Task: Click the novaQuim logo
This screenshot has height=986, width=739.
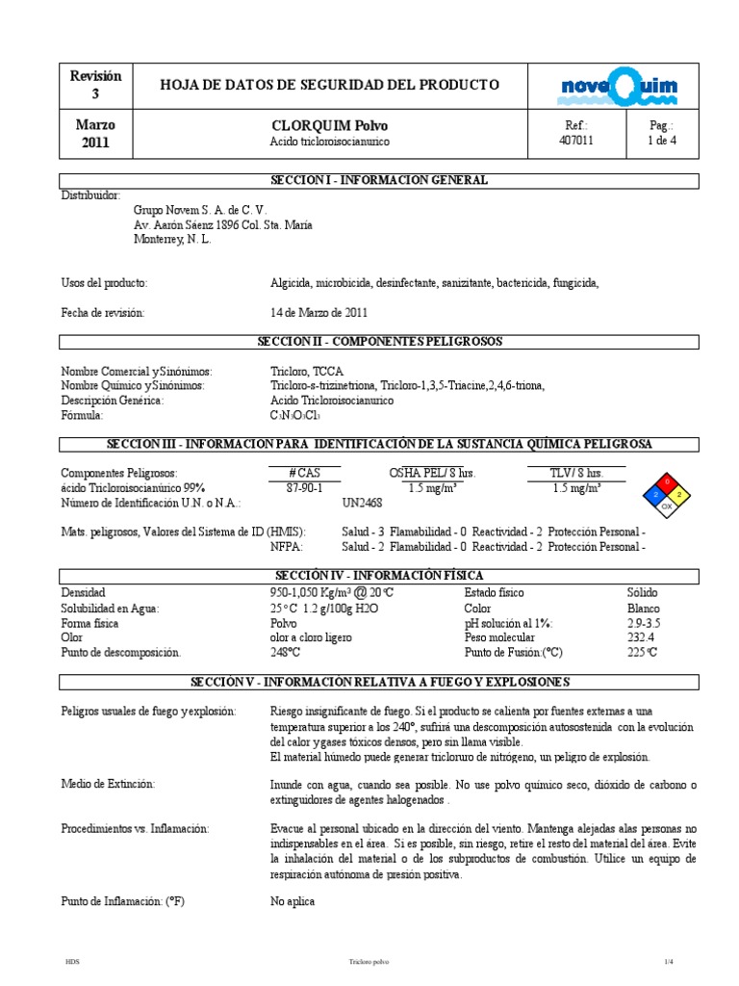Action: click(619, 88)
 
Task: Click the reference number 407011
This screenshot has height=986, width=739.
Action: click(576, 141)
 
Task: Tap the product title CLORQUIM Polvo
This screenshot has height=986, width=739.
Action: click(331, 126)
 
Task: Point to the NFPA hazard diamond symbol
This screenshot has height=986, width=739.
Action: click(667, 494)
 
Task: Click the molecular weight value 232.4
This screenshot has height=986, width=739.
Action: click(640, 637)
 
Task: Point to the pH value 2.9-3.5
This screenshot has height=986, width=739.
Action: click(644, 623)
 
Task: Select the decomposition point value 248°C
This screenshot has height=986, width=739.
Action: click(286, 653)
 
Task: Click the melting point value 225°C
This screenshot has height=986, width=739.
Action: click(642, 653)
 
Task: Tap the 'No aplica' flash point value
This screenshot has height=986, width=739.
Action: click(293, 902)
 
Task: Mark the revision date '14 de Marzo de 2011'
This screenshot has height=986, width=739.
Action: click(319, 313)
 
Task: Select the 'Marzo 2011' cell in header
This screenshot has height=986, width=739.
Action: click(94, 134)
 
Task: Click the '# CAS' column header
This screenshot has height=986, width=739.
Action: click(304, 474)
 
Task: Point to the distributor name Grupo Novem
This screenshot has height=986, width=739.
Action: click(200, 210)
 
